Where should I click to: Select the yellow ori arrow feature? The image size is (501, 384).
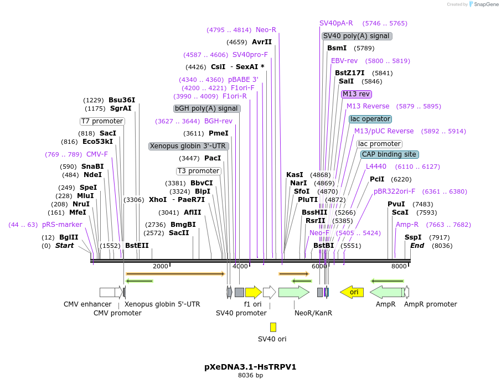tap(352, 292)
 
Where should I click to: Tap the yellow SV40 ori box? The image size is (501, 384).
tap(273, 327)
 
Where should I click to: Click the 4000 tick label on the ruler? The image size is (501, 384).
tap(240, 266)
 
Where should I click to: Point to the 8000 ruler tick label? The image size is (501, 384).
tap(399, 266)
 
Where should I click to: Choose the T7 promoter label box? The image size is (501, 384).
tap(102, 121)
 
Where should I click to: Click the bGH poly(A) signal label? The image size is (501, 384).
tap(207, 108)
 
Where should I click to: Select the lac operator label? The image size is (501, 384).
tap(370, 119)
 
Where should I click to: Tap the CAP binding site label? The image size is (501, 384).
tap(389, 154)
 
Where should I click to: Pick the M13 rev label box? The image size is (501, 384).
tap(356, 94)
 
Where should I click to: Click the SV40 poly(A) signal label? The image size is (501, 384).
tap(357, 36)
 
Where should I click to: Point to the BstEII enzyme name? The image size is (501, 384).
tap(137, 246)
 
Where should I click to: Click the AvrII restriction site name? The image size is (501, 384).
tap(262, 42)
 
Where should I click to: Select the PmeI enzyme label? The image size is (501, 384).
tap(218, 133)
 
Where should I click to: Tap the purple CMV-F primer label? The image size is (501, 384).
tap(97, 154)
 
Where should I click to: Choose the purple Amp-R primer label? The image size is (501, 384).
tap(407, 225)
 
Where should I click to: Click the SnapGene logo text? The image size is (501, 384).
tap(485, 4)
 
